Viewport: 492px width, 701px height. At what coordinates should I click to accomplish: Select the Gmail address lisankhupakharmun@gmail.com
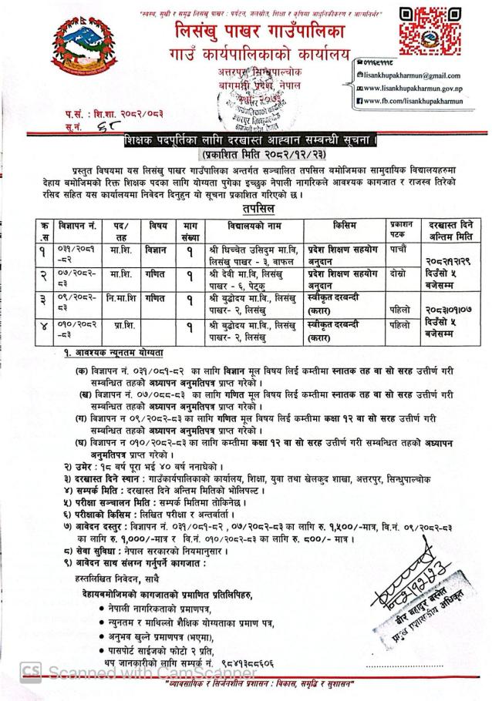(x=416, y=75)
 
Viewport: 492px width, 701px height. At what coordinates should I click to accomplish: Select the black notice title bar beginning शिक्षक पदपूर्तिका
(x=251, y=140)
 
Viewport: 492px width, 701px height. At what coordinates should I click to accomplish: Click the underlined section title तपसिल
(x=254, y=208)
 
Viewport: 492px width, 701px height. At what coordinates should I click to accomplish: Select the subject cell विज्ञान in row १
(x=159, y=250)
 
